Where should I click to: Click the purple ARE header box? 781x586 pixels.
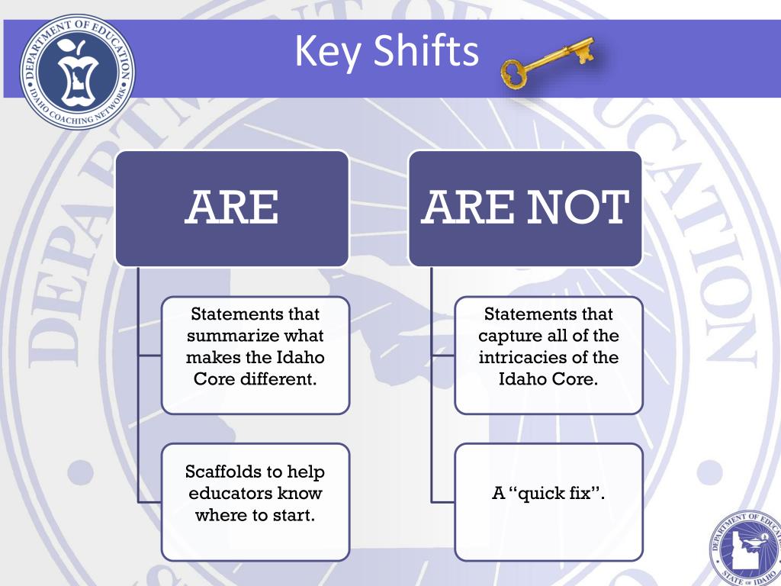232,208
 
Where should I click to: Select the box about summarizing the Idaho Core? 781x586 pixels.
255,356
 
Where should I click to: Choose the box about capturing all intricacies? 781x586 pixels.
548,356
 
